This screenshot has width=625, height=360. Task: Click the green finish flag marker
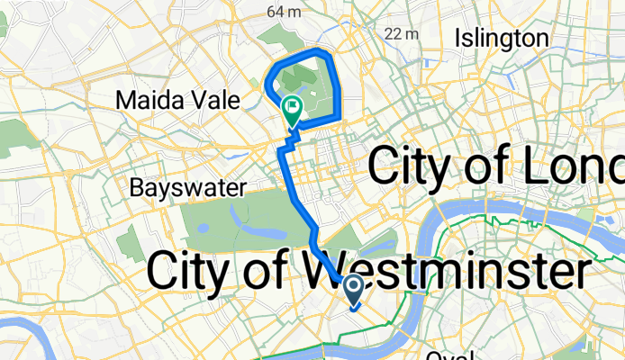pyautogui.click(x=293, y=110)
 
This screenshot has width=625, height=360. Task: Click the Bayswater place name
pyautogui.click(x=188, y=188)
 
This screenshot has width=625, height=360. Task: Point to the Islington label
pyautogui.click(x=502, y=38)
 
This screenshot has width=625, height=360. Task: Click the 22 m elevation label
pyautogui.click(x=402, y=33)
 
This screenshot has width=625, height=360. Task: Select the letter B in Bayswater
pyautogui.click(x=137, y=188)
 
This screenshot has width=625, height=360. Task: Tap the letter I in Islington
pyautogui.click(x=459, y=38)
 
